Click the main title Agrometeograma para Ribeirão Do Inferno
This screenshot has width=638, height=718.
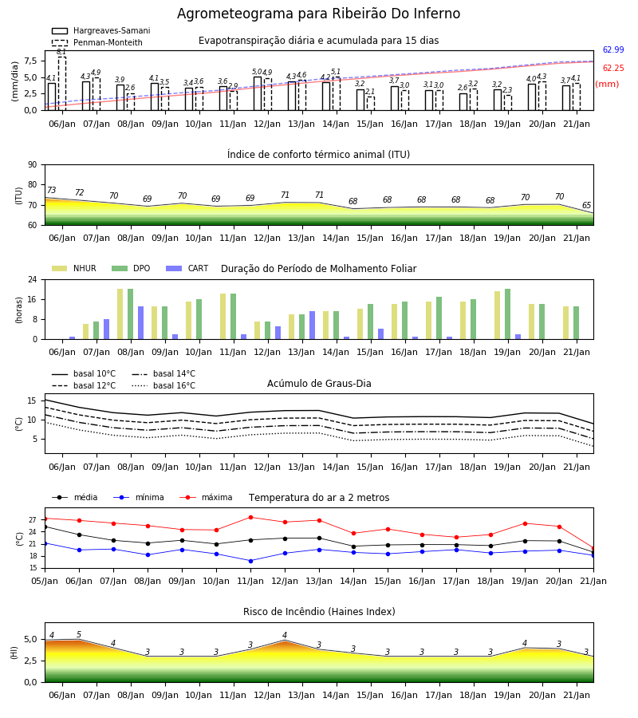pyautogui.click(x=318, y=14)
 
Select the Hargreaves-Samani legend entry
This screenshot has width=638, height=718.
pyautogui.click(x=100, y=30)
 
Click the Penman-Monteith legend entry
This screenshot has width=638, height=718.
pyautogui.click(x=97, y=42)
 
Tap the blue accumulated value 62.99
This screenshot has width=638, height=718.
pyautogui.click(x=613, y=50)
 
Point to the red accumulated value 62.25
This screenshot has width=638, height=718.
pyautogui.click(x=613, y=69)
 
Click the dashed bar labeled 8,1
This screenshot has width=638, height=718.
pyautogui.click(x=62, y=84)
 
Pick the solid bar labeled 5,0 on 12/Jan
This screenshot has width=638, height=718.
pyautogui.click(x=258, y=94)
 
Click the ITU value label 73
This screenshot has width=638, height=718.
pyautogui.click(x=51, y=190)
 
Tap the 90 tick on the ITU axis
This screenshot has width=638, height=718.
pyautogui.click(x=33, y=165)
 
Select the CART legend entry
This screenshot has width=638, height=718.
pyautogui.click(x=187, y=268)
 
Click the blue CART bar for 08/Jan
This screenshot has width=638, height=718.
pyautogui.click(x=141, y=323)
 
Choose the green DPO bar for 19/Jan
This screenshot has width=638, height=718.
pyautogui.click(x=507, y=314)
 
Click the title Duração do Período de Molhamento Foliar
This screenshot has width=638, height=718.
pyautogui.click(x=318, y=269)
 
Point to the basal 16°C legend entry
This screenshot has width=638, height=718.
pyautogui.click(x=163, y=385)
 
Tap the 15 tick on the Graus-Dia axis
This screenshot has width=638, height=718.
pyautogui.click(x=32, y=400)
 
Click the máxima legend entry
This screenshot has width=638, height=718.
pyautogui.click(x=206, y=497)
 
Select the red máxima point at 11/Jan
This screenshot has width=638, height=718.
pyautogui.click(x=250, y=518)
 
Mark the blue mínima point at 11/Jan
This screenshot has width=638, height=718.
pyautogui.click(x=250, y=561)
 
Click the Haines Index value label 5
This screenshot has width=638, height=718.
pyautogui.click(x=79, y=635)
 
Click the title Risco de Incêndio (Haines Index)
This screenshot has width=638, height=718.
pyautogui.click(x=319, y=612)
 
